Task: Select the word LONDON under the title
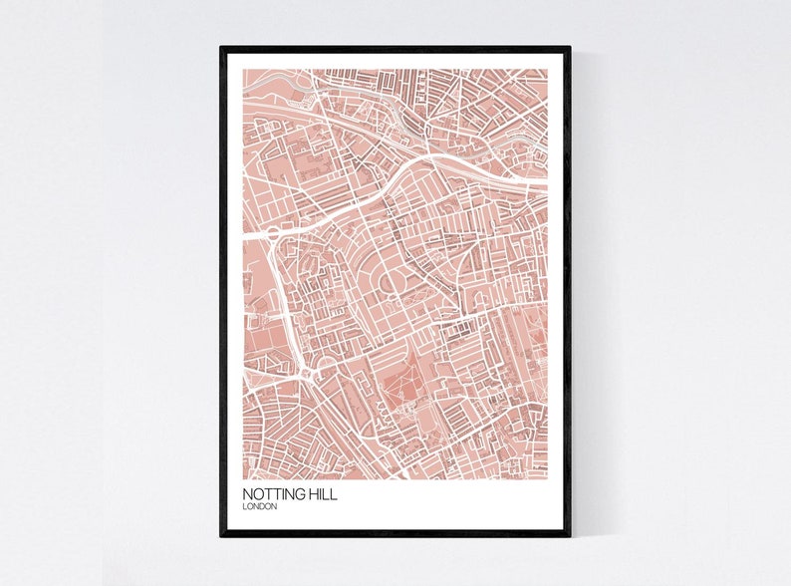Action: point(259,507)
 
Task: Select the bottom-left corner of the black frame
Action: point(221,535)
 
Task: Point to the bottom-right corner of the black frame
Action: point(570,535)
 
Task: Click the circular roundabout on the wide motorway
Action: point(271,235)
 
